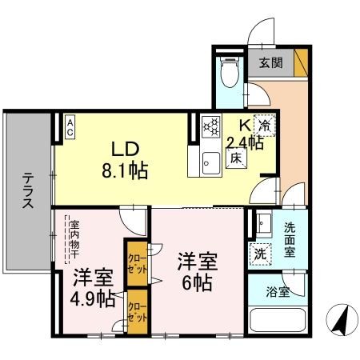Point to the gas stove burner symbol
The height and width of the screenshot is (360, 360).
210,126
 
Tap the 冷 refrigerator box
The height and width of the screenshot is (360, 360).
264,125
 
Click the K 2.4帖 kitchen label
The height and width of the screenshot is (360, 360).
245,134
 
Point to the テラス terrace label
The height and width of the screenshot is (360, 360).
27,191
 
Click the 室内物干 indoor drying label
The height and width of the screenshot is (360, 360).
74,238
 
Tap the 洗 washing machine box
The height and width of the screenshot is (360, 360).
262,254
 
